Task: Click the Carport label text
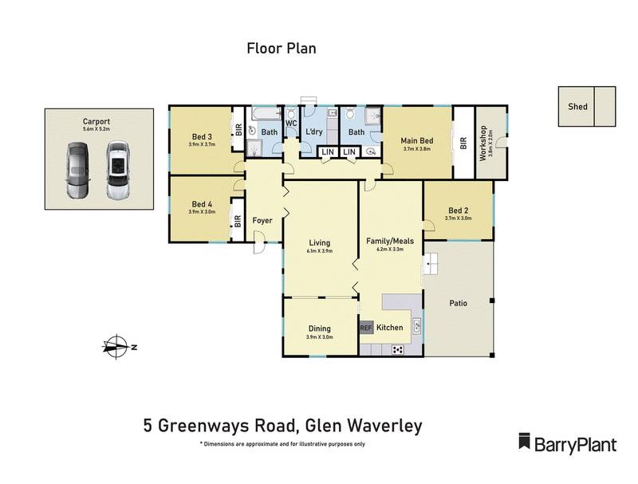pyautogui.click(x=96, y=121)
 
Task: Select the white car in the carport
pyautogui.click(x=118, y=169)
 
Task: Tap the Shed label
pyautogui.click(x=577, y=106)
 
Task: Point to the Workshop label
pyautogui.click(x=483, y=144)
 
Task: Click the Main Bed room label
pyautogui.click(x=416, y=140)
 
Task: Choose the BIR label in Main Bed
pyautogui.click(x=463, y=144)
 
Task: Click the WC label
pyautogui.click(x=291, y=124)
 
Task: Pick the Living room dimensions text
pyautogui.click(x=320, y=251)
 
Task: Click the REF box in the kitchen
pyautogui.click(x=366, y=328)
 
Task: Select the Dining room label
pyautogui.click(x=320, y=329)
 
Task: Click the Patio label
pyautogui.click(x=458, y=303)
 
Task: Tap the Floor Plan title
pyautogui.click(x=281, y=49)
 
